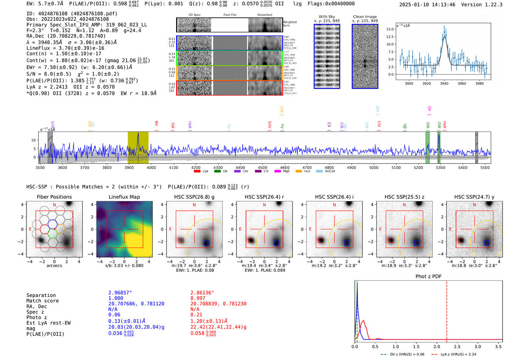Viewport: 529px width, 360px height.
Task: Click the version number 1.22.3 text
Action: (x=490, y=5)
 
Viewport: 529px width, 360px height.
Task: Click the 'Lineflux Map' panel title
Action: (x=124, y=197)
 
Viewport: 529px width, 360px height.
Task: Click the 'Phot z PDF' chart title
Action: (x=428, y=276)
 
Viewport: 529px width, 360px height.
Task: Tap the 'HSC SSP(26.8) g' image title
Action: (x=194, y=197)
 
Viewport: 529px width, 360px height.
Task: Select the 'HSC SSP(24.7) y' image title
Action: (x=474, y=197)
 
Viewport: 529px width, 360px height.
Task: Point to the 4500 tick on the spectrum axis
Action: (x=263, y=167)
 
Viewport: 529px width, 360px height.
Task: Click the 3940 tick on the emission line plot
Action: (x=444, y=83)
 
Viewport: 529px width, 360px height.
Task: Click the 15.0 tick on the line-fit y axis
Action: (x=390, y=29)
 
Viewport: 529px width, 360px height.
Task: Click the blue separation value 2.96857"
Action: (x=120, y=293)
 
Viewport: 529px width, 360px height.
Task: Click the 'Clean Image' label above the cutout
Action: (x=365, y=17)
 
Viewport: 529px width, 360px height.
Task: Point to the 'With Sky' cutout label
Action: (x=326, y=17)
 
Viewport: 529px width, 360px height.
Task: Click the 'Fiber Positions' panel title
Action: (x=54, y=197)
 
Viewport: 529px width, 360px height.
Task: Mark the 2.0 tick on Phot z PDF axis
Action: (x=437, y=346)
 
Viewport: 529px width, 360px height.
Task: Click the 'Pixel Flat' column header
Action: (x=230, y=15)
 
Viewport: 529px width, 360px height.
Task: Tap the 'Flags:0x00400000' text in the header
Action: (x=331, y=3)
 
